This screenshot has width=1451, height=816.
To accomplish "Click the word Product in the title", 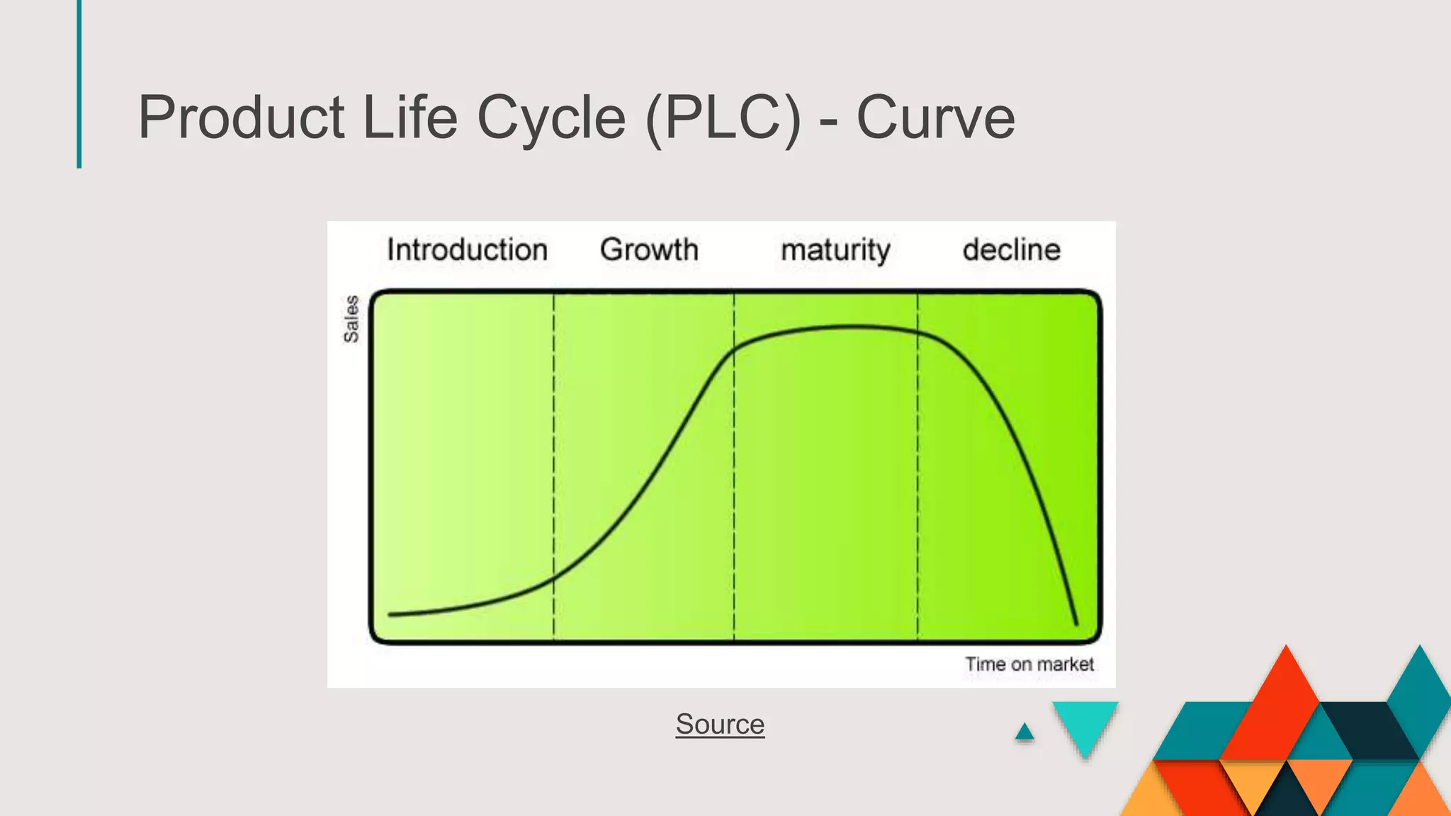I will (241, 118).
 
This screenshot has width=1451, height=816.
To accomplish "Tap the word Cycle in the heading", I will (551, 118).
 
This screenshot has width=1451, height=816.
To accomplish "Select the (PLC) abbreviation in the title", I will (723, 118).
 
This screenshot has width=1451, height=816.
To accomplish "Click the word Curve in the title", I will (935, 118).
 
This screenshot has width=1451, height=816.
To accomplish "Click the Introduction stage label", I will (467, 250).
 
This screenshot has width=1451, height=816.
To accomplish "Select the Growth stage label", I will (649, 250).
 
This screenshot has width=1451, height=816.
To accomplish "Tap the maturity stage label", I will (835, 251).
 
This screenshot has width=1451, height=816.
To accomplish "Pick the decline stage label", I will (1011, 250).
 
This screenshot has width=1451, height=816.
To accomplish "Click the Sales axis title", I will (351, 319).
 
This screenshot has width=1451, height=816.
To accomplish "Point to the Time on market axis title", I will (1029, 664).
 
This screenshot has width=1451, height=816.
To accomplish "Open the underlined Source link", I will (720, 725).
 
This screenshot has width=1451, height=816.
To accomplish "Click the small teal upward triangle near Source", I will (1024, 732).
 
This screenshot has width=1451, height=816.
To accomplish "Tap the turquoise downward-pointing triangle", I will (1085, 724).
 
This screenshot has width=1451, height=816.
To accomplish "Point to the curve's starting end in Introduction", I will (391, 614).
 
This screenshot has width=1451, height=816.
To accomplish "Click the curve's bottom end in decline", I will (1076, 623).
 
